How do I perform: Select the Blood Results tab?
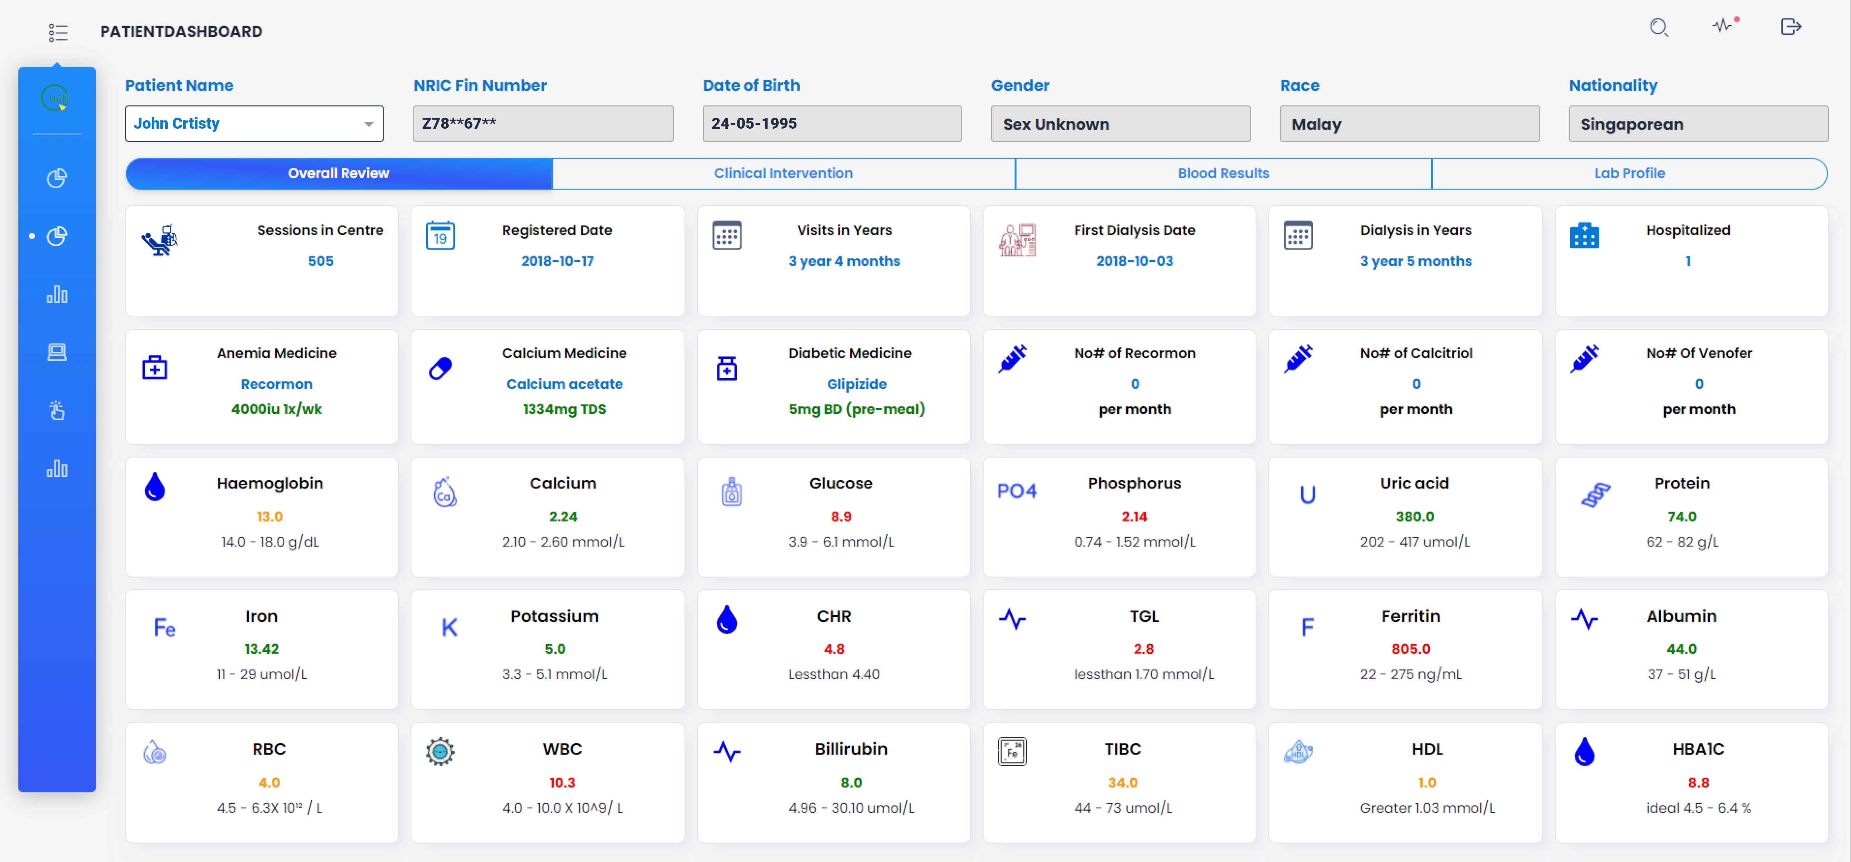pos(1223,173)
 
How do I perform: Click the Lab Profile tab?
pos(1629,173)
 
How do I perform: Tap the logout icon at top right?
pos(1791,27)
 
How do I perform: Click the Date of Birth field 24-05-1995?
pos(831,124)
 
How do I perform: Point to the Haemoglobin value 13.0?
pos(269,517)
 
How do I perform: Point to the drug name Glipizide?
pos(856,384)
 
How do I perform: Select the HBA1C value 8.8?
pos(1698,782)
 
